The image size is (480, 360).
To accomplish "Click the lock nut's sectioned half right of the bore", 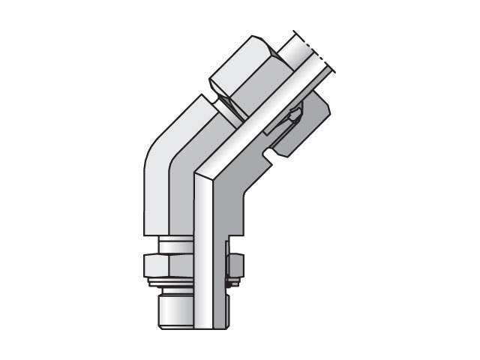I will coord(233,264).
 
